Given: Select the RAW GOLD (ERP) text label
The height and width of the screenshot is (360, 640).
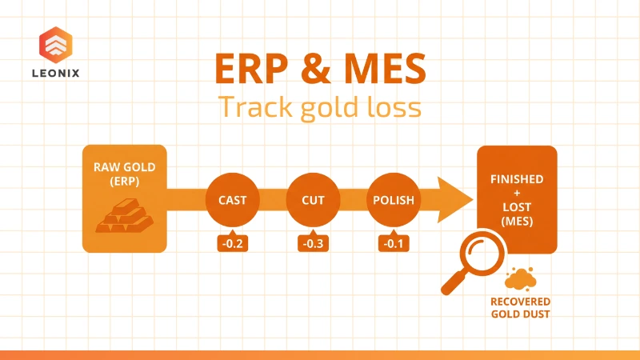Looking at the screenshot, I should (124, 173).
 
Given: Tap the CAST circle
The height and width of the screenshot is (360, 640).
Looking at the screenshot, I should (233, 200).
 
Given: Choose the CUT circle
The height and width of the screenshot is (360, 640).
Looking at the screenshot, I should (313, 200).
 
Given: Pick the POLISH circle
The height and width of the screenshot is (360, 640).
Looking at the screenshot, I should (393, 200).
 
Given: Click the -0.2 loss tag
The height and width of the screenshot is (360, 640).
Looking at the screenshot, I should (233, 242).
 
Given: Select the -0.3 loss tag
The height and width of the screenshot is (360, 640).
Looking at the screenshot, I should (313, 242).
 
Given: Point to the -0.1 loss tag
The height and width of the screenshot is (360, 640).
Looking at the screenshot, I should (393, 242).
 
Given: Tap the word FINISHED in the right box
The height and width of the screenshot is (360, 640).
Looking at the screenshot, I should (517, 178).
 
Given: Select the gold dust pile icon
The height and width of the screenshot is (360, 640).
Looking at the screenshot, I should (521, 278).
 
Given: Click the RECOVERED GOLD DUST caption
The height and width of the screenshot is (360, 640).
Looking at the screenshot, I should (521, 307).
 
